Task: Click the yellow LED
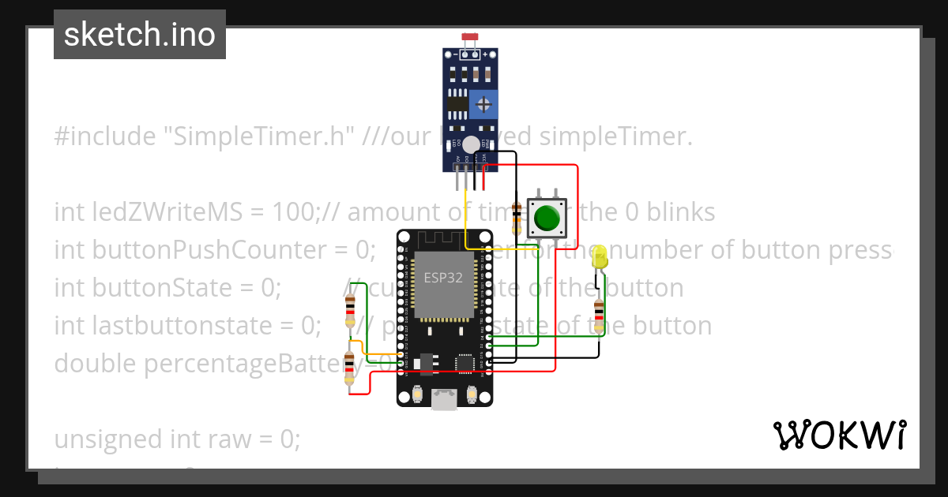[x=599, y=257]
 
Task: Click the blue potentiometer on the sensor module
[x=482, y=103]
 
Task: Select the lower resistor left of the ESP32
[x=350, y=369]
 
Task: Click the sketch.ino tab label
[x=140, y=35]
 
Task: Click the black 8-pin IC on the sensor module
[x=457, y=103]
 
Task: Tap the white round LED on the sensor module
[x=471, y=144]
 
